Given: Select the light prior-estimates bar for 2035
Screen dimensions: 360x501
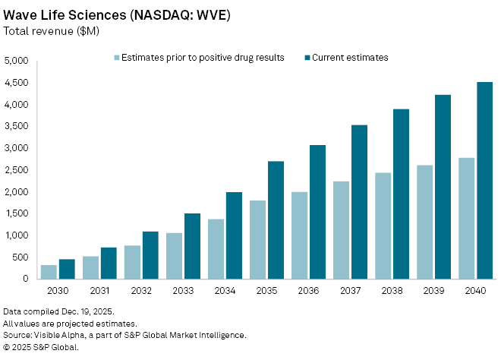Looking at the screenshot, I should click(x=258, y=240).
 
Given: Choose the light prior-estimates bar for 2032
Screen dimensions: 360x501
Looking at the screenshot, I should click(x=132, y=262).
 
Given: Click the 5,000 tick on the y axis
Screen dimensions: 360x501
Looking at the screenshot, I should click(x=16, y=61).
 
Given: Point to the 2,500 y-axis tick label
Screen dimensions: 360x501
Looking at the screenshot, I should click(x=16, y=170).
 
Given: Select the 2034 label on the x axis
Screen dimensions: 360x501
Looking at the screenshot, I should click(x=225, y=292).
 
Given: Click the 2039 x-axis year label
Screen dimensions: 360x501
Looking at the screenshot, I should click(x=433, y=292).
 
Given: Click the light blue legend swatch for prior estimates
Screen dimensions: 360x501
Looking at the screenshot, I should click(x=116, y=57).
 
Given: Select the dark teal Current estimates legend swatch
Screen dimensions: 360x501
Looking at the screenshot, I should click(x=307, y=57).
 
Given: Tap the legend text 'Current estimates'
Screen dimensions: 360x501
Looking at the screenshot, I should click(x=351, y=57).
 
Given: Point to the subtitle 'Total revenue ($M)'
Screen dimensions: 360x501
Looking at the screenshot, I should click(x=52, y=31).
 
